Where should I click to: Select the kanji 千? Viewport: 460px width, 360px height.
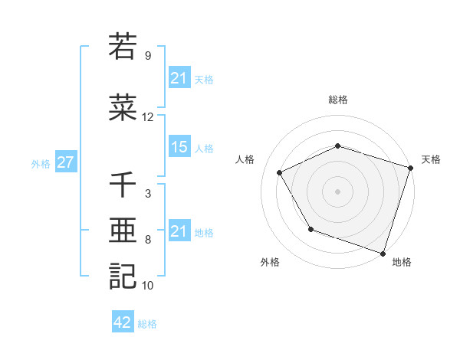(x=123, y=185)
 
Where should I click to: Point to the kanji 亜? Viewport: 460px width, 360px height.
(x=123, y=230)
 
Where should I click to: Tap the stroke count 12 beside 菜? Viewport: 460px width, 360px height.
(x=147, y=117)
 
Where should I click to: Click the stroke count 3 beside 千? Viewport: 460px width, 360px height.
(x=147, y=194)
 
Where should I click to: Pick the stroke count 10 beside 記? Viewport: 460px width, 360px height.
(x=147, y=286)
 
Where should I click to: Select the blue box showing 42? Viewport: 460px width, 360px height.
(x=122, y=322)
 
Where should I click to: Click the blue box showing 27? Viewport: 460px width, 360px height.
(x=65, y=162)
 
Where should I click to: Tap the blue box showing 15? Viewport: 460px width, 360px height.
(x=179, y=147)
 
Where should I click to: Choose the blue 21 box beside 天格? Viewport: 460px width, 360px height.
(x=179, y=78)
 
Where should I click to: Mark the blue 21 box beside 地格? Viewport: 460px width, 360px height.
(x=179, y=231)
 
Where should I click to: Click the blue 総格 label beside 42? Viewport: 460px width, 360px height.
(x=147, y=324)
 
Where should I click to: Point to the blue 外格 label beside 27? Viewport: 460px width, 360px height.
(x=41, y=164)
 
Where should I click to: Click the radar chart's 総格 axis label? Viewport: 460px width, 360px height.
(x=337, y=100)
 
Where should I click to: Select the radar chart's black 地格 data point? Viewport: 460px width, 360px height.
(x=383, y=252)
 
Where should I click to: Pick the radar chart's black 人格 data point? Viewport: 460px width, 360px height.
(x=280, y=173)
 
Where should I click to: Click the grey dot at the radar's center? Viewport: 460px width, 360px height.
(x=337, y=191)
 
